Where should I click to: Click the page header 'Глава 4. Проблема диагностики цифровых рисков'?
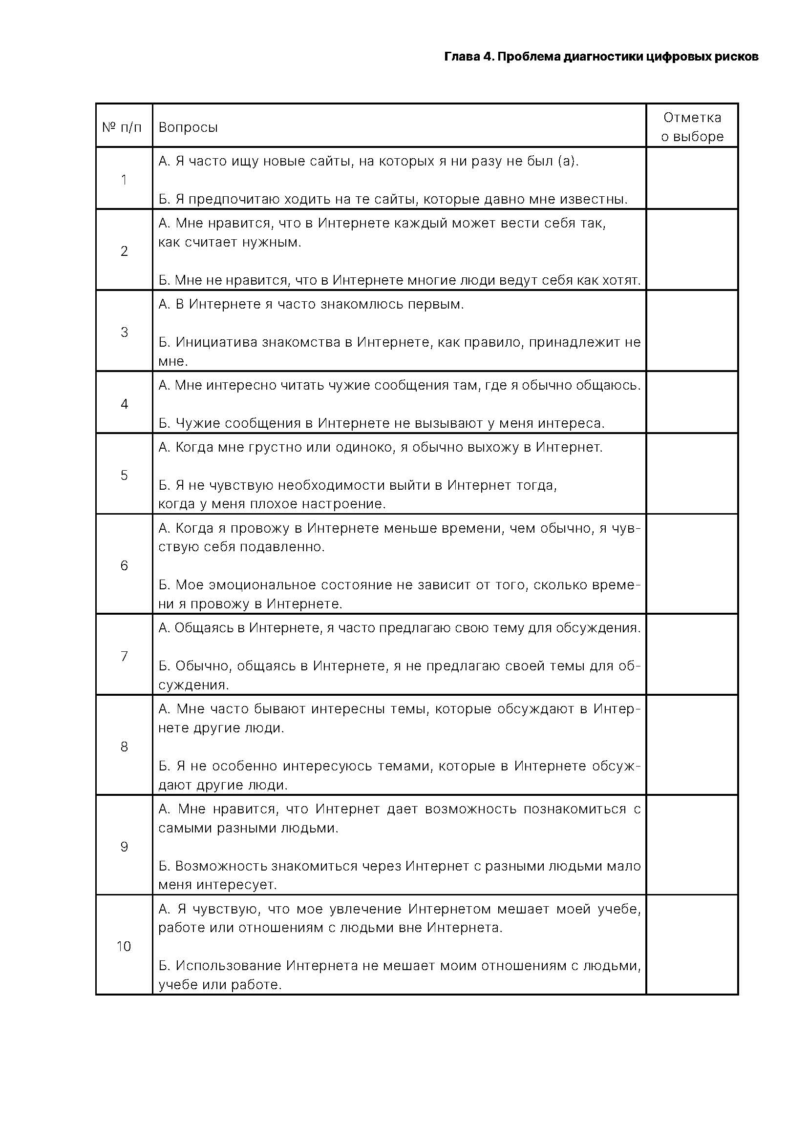click(x=600, y=57)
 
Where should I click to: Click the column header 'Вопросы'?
click(x=188, y=127)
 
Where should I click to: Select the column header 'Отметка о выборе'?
click(x=692, y=127)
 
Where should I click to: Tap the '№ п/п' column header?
click(x=122, y=127)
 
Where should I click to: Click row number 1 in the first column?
click(x=124, y=180)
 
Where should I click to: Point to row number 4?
click(x=125, y=404)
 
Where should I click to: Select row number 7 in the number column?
click(x=125, y=656)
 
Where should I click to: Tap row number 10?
click(x=124, y=946)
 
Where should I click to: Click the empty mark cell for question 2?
click(x=692, y=250)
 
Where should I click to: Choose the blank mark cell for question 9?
click(x=692, y=847)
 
